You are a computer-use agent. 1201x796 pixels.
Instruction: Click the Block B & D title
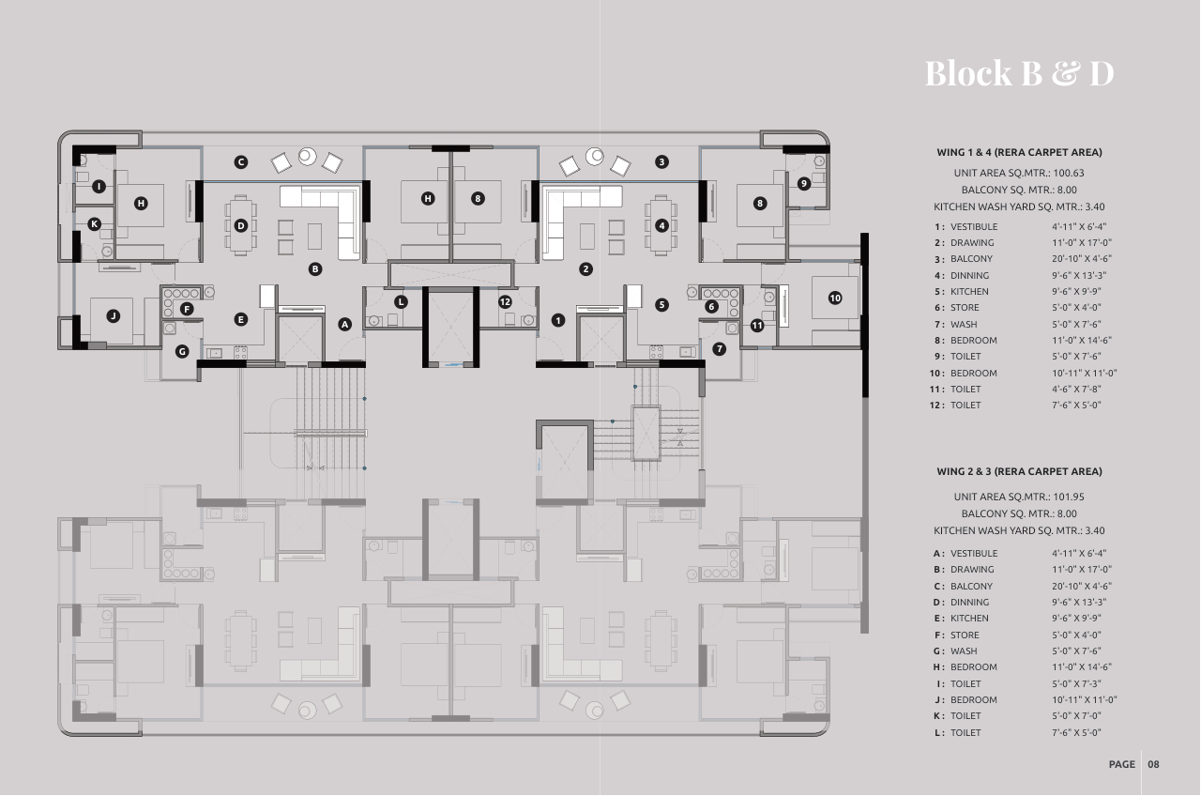coord(1019,73)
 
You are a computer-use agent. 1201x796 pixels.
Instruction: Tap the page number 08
coord(1153,764)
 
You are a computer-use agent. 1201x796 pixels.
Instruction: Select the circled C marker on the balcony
coord(241,162)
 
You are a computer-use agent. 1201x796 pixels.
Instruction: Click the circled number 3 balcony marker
coord(661,161)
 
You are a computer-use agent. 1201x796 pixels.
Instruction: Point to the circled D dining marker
coord(241,225)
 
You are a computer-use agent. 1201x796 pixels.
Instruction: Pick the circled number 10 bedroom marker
coord(835,298)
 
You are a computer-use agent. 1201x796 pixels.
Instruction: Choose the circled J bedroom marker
coord(114,316)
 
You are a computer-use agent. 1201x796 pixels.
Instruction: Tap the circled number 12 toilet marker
coord(505,301)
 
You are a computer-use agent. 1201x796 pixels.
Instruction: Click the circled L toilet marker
coord(401,302)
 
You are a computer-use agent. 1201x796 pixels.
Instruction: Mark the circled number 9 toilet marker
coord(803,183)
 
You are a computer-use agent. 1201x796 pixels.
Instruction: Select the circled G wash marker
coord(182,351)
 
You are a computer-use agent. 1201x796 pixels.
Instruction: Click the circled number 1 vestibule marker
coord(558,320)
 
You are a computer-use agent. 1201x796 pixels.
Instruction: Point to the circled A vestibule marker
coord(344,324)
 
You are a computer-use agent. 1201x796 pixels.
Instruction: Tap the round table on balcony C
coord(307,156)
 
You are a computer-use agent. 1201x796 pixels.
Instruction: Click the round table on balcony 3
coord(595,156)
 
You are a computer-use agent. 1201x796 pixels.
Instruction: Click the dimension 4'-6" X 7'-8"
coord(1077,389)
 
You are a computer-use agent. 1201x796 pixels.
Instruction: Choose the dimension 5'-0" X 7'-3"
coord(1076,684)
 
